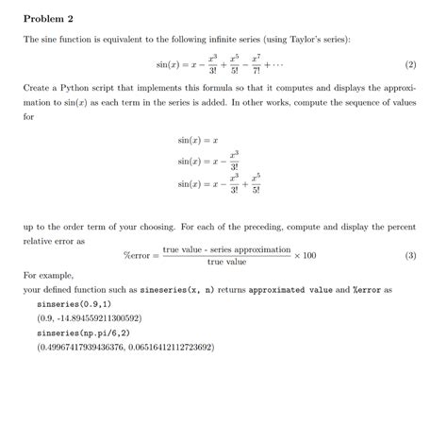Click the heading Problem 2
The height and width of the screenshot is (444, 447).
(48, 19)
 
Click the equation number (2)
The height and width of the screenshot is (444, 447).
(409, 65)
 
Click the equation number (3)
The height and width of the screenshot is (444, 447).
(409, 255)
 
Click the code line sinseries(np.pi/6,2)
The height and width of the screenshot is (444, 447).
(81, 333)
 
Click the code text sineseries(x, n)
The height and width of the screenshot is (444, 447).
(180, 289)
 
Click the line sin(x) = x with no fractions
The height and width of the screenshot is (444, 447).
(198, 139)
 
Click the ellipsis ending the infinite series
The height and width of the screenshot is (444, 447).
(273, 65)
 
